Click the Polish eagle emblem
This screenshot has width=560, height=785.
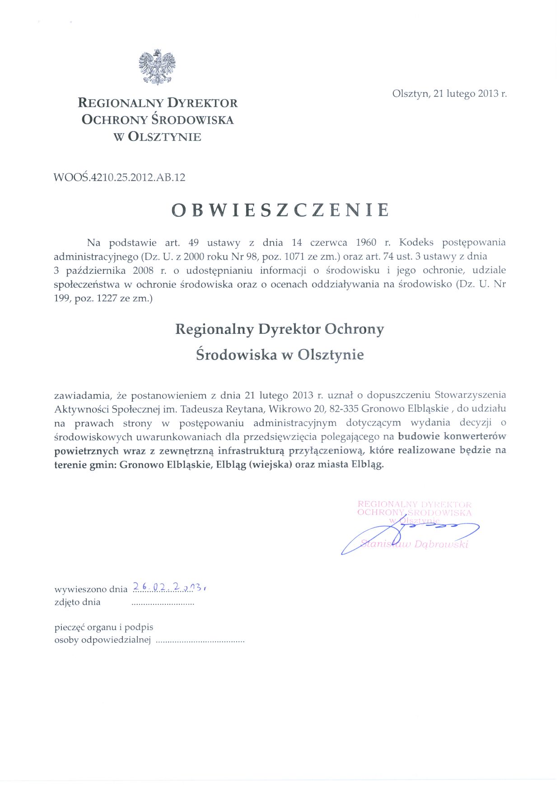157,67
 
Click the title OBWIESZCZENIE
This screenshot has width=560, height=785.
280,210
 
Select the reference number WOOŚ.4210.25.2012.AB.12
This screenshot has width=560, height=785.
119,177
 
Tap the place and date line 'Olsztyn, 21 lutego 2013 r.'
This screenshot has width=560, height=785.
449,93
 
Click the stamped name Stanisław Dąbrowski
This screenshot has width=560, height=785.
415,544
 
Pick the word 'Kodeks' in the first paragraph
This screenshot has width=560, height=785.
416,243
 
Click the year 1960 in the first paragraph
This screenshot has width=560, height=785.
366,243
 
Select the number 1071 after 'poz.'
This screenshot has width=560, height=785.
295,257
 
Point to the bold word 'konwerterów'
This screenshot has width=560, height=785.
474,436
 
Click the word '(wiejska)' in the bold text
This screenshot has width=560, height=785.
270,464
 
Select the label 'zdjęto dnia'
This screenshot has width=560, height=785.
77,602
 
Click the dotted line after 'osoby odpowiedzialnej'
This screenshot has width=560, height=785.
200,640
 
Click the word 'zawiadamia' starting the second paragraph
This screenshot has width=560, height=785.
82,396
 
